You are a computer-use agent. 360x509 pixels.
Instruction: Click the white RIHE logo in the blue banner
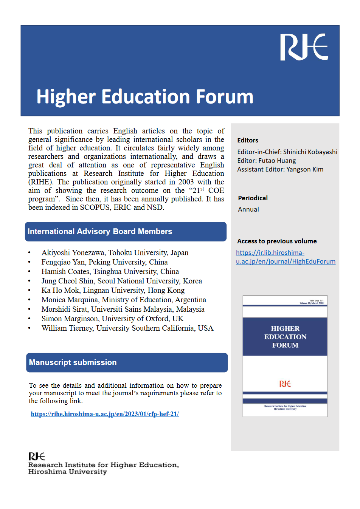pyautogui.click(x=304, y=47)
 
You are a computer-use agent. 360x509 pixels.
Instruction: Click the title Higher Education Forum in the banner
pyautogui.click(x=145, y=97)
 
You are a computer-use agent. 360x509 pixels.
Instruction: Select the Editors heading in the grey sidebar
pyautogui.click(x=248, y=140)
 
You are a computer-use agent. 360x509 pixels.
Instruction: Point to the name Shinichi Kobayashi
pyautogui.click(x=310, y=152)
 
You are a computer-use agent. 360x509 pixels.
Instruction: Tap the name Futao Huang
pyautogui.click(x=277, y=161)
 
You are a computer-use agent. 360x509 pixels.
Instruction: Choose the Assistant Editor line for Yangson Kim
pyautogui.click(x=280, y=169)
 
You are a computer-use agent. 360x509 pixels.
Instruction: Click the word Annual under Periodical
pyautogui.click(x=248, y=209)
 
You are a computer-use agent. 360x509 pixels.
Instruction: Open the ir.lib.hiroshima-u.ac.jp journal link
pyautogui.click(x=286, y=257)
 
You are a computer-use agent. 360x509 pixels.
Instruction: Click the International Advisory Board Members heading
pyautogui.click(x=100, y=232)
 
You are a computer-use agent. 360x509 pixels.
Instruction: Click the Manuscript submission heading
pyautogui.click(x=73, y=362)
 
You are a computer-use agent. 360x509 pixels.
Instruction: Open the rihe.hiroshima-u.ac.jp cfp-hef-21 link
pyautogui.click(x=105, y=414)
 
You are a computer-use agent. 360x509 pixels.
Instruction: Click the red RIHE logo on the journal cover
pyautogui.click(x=285, y=384)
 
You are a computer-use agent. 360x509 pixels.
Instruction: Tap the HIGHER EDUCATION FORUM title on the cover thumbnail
pyautogui.click(x=285, y=337)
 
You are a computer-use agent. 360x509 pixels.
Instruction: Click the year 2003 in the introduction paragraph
pyautogui.click(x=186, y=182)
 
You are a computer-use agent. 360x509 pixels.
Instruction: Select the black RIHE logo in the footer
pyautogui.click(x=37, y=456)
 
